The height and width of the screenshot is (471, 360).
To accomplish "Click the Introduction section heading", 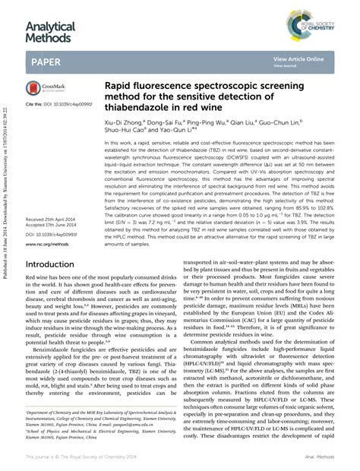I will point(55,265).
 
